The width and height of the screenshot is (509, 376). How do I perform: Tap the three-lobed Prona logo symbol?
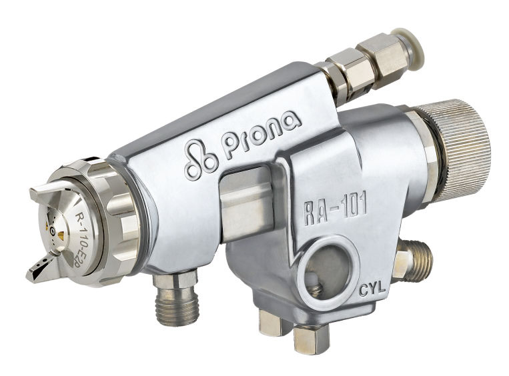pyautogui.click(x=200, y=159)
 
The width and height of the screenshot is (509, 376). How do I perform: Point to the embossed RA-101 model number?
pyautogui.click(x=336, y=209)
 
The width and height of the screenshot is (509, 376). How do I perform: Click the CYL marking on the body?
pyautogui.click(x=372, y=289)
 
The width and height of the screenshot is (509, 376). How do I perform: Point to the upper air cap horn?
pyautogui.click(x=49, y=193)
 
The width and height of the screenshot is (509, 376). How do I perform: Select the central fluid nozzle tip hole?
pyautogui.click(x=52, y=231)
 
